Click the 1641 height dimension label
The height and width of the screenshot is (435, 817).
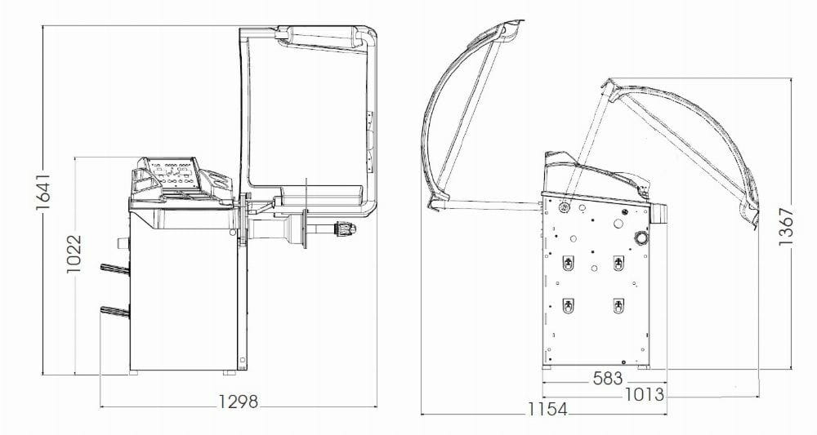tap(43, 193)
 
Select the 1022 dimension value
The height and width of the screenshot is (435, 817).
tap(74, 254)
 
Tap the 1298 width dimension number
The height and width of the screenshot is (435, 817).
tap(238, 402)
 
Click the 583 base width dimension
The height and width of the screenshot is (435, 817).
tap(608, 379)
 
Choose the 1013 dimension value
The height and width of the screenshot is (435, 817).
tap(645, 394)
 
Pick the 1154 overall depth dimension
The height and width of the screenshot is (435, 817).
tap(547, 410)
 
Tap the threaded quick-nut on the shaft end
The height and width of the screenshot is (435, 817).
tap(345, 228)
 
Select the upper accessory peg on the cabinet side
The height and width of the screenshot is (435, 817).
tap(114, 269)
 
